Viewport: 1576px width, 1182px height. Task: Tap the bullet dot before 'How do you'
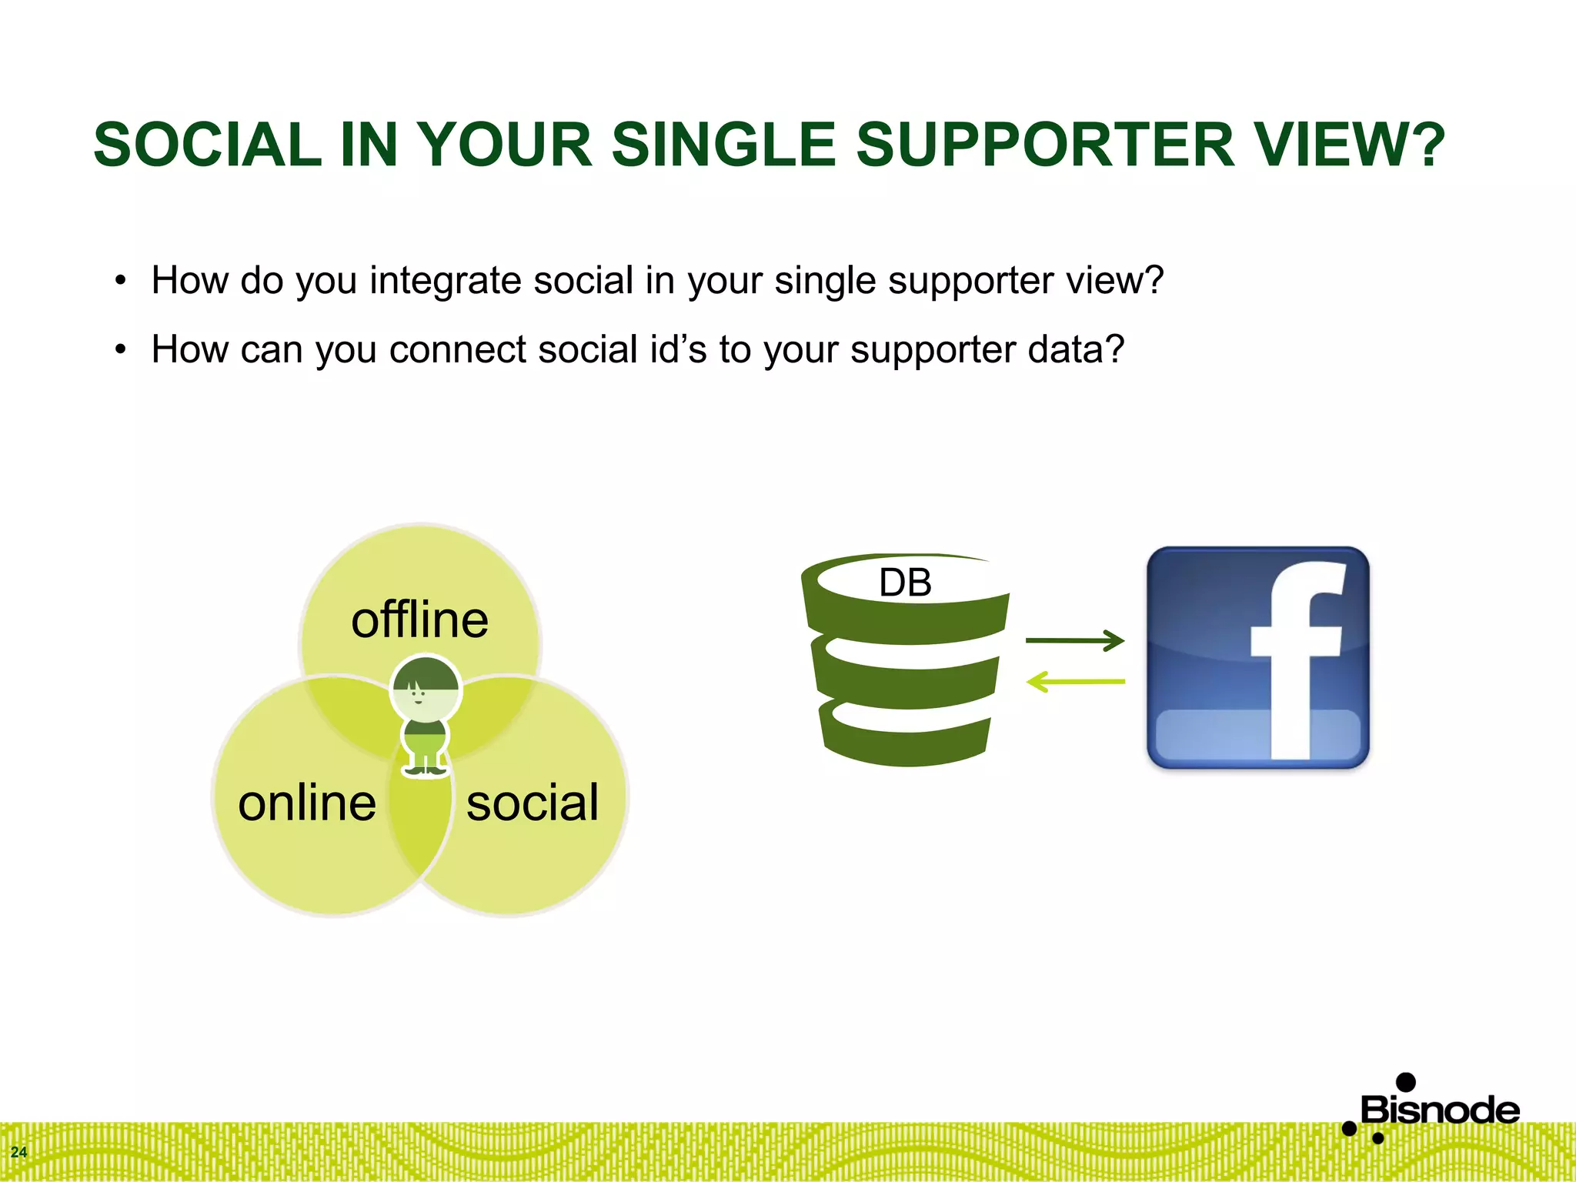click(x=120, y=282)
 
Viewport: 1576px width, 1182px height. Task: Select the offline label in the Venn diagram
click(x=419, y=620)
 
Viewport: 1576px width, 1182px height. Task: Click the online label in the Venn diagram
click(x=307, y=803)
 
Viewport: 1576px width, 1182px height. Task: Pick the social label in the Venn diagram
click(x=533, y=803)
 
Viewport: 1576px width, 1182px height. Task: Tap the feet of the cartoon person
click(x=426, y=769)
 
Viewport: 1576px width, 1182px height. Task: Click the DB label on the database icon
click(x=905, y=583)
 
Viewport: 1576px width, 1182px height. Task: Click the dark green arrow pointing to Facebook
click(x=1075, y=640)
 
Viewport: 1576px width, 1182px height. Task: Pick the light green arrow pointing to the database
click(x=1075, y=682)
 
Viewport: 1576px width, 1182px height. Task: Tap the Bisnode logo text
click(x=1440, y=1110)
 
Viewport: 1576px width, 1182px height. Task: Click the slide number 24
click(x=18, y=1152)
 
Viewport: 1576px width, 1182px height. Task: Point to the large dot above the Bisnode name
click(x=1406, y=1082)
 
